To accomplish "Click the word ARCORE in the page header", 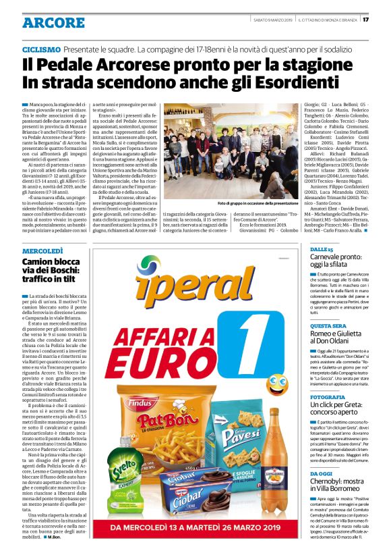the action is pos(53,23).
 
